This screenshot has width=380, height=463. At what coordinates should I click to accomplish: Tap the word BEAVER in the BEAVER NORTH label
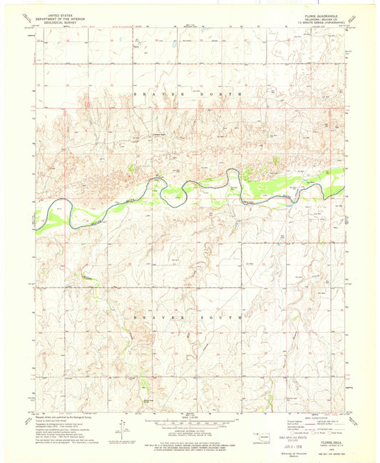156,93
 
